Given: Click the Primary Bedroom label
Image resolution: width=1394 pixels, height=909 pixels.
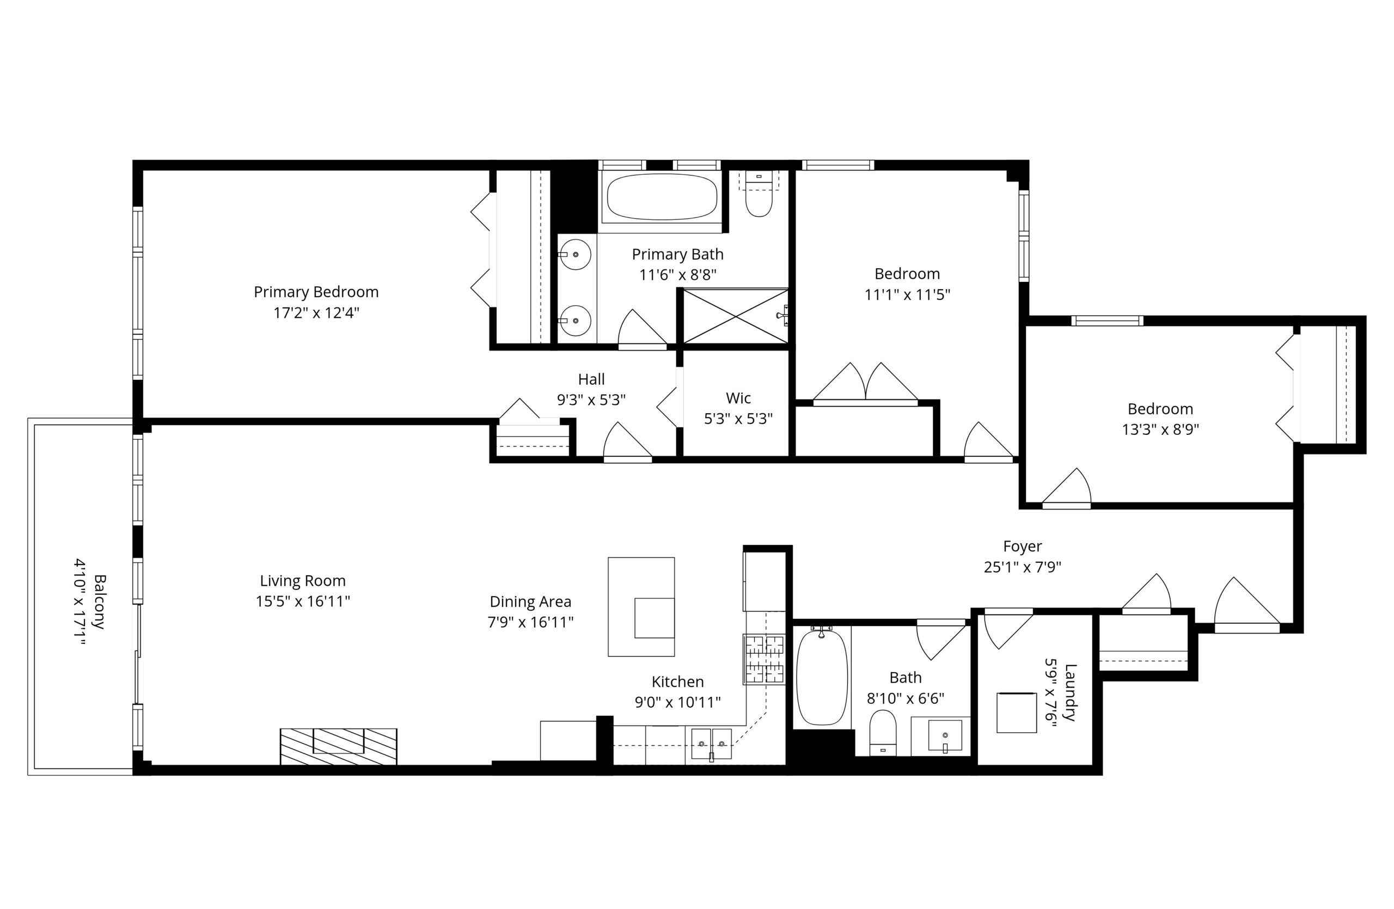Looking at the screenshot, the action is [316, 292].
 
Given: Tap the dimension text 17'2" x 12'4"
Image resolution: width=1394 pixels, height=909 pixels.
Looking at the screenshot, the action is [316, 312].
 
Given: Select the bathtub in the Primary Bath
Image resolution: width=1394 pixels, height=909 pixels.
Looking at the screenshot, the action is [662, 196].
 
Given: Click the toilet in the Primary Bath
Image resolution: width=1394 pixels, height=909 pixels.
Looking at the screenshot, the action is [759, 194].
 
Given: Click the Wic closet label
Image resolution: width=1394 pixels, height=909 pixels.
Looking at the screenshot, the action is [738, 398].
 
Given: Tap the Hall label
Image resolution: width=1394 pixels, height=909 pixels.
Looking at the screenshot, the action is [591, 379].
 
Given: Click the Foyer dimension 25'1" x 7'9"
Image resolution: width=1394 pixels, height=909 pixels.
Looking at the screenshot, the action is [1022, 567].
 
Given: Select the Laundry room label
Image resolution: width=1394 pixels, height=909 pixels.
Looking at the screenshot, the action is [1069, 692].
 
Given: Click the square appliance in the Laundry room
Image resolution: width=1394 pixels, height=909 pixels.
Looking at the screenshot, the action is [1016, 713].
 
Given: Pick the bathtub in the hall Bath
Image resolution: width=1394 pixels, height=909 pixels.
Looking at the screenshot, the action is [822, 677].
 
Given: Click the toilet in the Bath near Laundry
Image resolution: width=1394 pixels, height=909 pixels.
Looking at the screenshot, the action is [883, 733].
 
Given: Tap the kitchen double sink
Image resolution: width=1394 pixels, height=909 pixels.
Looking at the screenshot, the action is [711, 744].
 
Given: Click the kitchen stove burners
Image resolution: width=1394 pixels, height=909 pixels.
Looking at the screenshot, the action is [764, 659].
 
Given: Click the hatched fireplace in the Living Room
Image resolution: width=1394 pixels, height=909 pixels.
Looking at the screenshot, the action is [339, 746].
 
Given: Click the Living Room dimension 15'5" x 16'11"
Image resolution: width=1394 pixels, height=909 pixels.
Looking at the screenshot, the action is [303, 601].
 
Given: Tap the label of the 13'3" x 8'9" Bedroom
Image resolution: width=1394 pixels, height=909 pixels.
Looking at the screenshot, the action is [1160, 409].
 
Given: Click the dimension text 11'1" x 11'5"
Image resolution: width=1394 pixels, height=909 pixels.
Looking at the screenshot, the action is [907, 294].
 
